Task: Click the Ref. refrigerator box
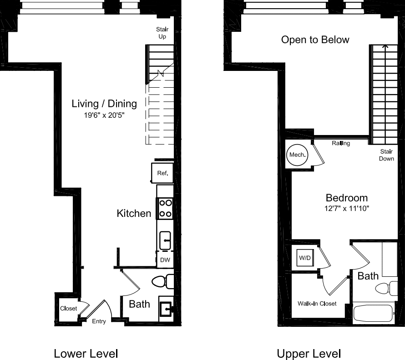pyautogui.click(x=162, y=173)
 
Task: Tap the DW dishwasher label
pyautogui.click(x=165, y=260)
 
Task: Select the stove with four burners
pyautogui.click(x=165, y=209)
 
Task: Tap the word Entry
pyautogui.click(x=99, y=321)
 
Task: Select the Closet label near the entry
pyautogui.click(x=68, y=309)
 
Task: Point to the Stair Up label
pyautogui.click(x=162, y=33)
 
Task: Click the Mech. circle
pyautogui.click(x=299, y=155)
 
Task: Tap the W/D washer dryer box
pyautogui.click(x=304, y=258)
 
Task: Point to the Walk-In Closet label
pyautogui.click(x=317, y=303)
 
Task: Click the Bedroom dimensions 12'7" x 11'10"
pyautogui.click(x=347, y=209)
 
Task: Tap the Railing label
pyautogui.click(x=341, y=143)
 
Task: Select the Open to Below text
pyautogui.click(x=315, y=40)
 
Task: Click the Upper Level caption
pyautogui.click(x=309, y=353)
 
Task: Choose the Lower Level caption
pyautogui.click(x=86, y=353)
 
